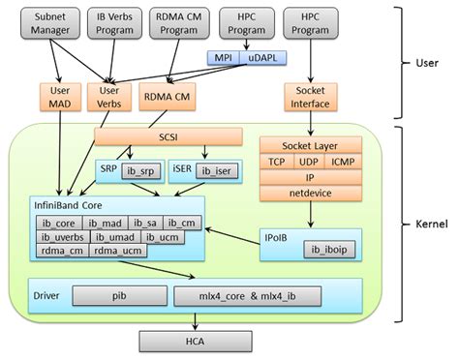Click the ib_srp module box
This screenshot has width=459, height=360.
click(x=140, y=170)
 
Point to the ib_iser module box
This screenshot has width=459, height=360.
click(x=216, y=170)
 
